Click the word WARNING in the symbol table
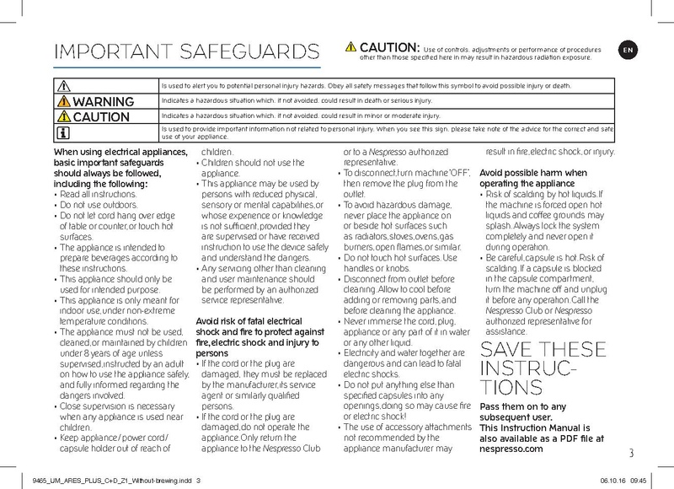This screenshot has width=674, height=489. point(104,101)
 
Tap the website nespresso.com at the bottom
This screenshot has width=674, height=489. point(511,449)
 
